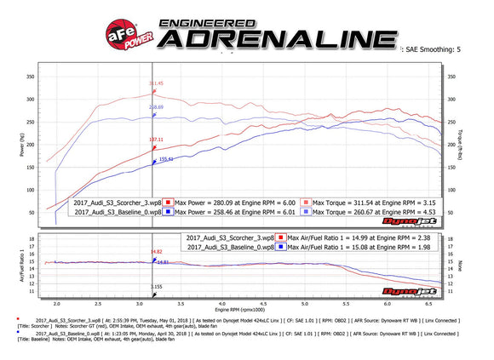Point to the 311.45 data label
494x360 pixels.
(156, 83)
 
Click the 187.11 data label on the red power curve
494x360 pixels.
(156, 140)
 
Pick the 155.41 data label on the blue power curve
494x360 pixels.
(166, 159)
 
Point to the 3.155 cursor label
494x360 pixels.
(157, 287)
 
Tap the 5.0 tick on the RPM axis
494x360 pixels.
(344, 302)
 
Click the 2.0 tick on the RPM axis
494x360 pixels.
(57, 302)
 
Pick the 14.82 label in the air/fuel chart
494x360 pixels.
(156, 252)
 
